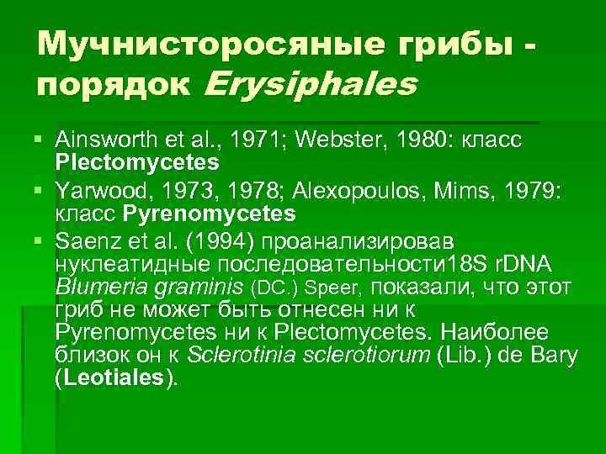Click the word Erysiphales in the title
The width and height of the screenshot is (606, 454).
coord(311,84)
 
